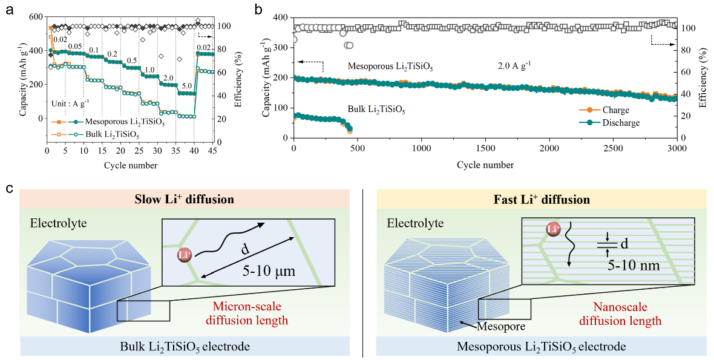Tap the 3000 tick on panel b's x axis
(676, 148)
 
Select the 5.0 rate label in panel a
(187, 86)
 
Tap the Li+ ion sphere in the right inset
(552, 231)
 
